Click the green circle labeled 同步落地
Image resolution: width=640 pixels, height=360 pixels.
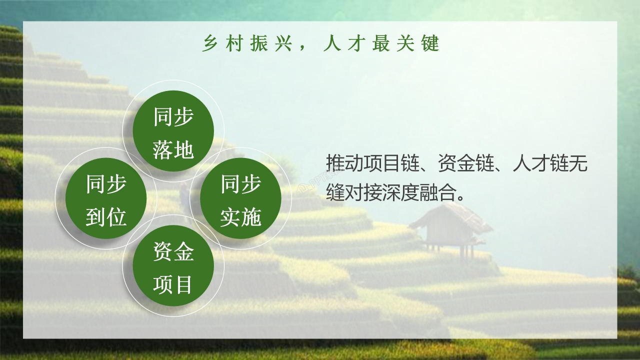[173, 131]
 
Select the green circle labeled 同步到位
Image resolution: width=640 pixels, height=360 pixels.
[106, 198]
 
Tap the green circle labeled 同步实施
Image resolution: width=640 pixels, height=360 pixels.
[240, 198]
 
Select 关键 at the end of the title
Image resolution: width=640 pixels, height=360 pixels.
[418, 44]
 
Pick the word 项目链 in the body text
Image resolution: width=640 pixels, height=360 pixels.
[390, 163]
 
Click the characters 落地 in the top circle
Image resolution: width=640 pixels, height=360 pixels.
[173, 149]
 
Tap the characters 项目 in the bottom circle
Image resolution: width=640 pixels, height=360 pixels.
[173, 285]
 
